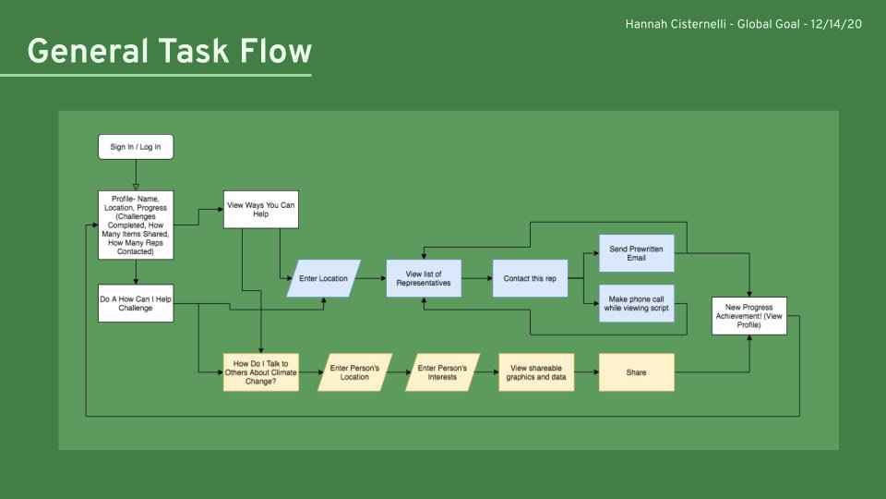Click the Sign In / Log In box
click(x=136, y=147)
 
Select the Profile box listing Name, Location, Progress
click(x=136, y=225)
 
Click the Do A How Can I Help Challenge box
click(x=136, y=303)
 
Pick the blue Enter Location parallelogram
click(x=323, y=278)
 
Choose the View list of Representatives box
click(x=424, y=278)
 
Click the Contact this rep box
click(x=530, y=278)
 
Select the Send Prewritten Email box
click(x=636, y=253)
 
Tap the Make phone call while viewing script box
click(x=636, y=303)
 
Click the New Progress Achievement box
click(x=749, y=316)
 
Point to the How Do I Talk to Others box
click(x=260, y=372)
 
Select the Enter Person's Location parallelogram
click(x=354, y=372)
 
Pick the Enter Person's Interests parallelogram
click(x=442, y=372)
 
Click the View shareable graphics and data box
click(x=535, y=372)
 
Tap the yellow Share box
click(x=636, y=372)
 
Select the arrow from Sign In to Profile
click(x=136, y=175)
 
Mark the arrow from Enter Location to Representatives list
click(x=373, y=278)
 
